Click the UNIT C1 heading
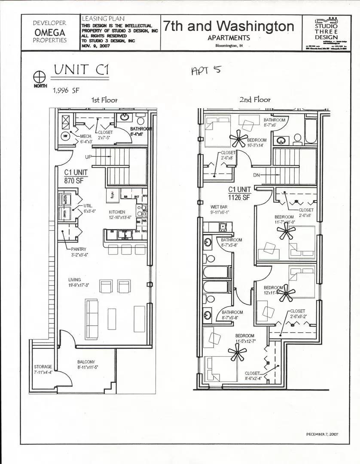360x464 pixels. click(81, 70)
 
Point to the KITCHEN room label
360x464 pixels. click(117, 212)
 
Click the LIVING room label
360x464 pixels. click(74, 280)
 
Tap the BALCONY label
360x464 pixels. click(86, 362)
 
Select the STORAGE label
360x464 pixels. click(43, 366)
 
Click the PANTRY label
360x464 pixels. click(79, 249)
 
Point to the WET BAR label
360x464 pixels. click(219, 207)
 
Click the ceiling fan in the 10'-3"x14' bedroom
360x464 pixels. click(239, 138)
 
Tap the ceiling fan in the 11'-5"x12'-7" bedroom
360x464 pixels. click(236, 353)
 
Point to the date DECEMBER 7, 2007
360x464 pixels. click(322, 434)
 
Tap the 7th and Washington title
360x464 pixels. click(229, 27)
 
